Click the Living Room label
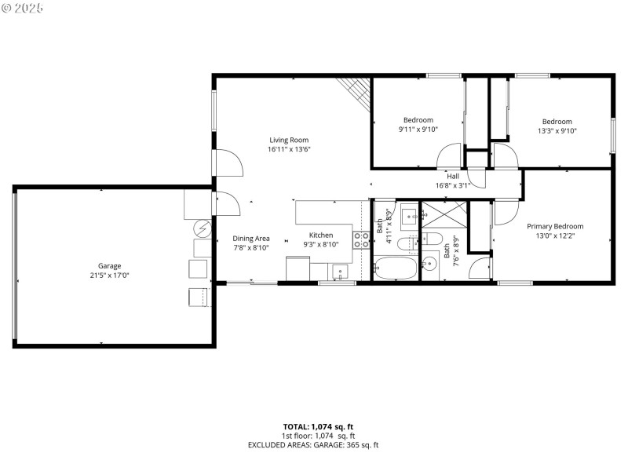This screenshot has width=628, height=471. click(x=284, y=140)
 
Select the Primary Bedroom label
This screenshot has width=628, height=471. click(x=554, y=226)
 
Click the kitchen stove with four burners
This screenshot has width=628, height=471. click(x=361, y=239)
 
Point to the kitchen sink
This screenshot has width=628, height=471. click(x=339, y=272)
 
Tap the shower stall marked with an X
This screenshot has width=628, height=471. click(x=444, y=214)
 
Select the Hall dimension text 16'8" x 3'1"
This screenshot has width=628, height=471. click(x=453, y=186)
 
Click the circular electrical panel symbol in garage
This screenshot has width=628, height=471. click(x=203, y=228)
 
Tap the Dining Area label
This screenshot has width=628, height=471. click(x=251, y=238)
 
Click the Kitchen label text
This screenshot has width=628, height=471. click(x=320, y=235)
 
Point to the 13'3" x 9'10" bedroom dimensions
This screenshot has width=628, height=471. click(x=557, y=131)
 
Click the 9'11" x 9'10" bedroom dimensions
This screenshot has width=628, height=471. click(x=418, y=130)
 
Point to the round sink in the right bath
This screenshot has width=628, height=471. click(x=429, y=262)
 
